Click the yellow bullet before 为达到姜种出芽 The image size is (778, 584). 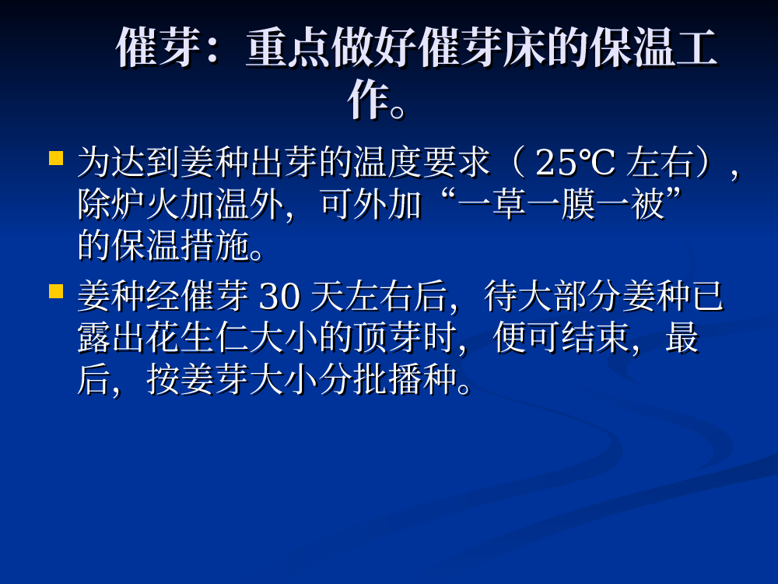56,158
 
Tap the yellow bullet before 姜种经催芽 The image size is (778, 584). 56,291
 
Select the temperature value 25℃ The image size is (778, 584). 575,163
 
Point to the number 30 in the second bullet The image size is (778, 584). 280,297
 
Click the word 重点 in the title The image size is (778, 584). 289,47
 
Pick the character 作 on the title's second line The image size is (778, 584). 368,100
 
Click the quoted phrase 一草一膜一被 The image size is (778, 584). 561,205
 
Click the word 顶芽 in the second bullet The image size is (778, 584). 405,338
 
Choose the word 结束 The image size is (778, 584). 595,338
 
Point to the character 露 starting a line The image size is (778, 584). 95,338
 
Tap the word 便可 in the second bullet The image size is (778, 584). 527,338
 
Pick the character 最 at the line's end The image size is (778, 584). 682,338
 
